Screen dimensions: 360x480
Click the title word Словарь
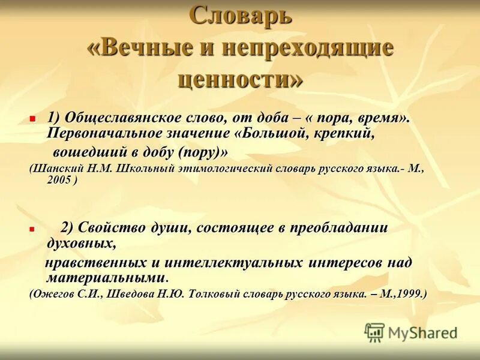[241, 16]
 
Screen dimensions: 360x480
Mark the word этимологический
[227, 169]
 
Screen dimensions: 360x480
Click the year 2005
[59, 179]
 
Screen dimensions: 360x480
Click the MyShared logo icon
[374, 332]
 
